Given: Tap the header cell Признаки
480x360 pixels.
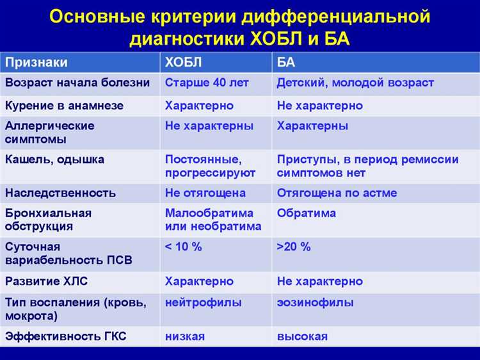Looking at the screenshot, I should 36,62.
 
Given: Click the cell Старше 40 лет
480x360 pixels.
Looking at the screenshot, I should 207,83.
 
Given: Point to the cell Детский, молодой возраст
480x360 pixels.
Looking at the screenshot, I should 355,83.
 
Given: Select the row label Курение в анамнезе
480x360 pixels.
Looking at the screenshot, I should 64,105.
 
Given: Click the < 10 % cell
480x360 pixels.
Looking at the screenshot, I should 183,247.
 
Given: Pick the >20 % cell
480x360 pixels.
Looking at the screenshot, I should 294,247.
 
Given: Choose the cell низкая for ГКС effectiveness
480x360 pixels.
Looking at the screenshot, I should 184,336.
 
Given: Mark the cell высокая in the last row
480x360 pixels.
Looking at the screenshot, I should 302,336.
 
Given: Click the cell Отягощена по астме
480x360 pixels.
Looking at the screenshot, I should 337,193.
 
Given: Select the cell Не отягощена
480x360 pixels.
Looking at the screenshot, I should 205,193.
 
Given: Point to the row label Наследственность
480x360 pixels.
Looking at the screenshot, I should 60,193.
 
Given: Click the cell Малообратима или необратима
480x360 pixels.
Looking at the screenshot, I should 213,220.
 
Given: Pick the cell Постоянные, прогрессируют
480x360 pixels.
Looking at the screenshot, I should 210,166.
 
